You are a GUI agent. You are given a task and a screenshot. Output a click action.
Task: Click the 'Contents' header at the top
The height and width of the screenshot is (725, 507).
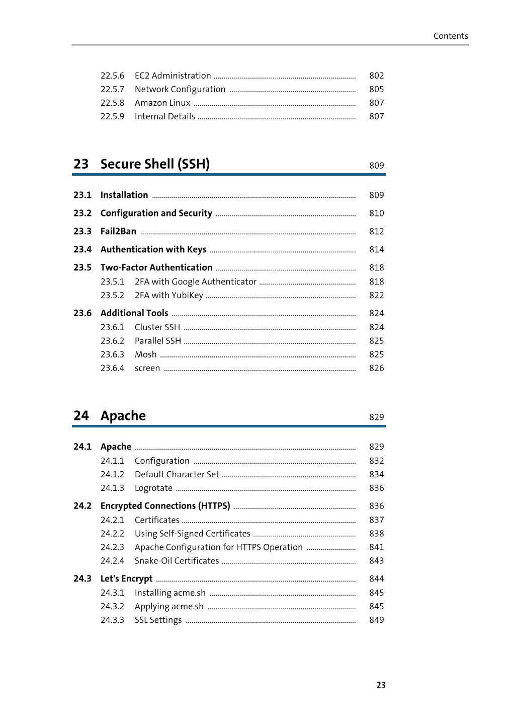(450, 36)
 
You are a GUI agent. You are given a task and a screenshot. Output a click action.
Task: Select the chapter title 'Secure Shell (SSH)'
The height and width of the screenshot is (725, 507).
(155, 164)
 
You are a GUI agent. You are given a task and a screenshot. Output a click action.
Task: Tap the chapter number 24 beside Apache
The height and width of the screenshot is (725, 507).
(81, 416)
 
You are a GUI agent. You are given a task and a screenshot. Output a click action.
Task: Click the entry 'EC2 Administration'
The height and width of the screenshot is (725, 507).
(173, 76)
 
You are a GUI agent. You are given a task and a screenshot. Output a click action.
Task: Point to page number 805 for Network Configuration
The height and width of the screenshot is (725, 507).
(376, 89)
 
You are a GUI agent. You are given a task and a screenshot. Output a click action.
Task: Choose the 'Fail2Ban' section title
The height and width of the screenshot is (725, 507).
(118, 232)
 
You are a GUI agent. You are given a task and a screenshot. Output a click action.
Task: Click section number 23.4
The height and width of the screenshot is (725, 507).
(82, 250)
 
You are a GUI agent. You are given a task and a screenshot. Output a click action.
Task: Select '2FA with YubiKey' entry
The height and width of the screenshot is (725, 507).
(168, 296)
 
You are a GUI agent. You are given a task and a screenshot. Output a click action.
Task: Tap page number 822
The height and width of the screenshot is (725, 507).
(376, 296)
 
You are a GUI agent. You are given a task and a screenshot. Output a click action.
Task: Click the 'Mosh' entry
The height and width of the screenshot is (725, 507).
(145, 354)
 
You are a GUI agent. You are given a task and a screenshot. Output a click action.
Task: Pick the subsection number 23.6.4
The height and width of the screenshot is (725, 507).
(112, 368)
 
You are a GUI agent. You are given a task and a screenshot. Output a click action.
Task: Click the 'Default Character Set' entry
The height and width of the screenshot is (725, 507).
(177, 474)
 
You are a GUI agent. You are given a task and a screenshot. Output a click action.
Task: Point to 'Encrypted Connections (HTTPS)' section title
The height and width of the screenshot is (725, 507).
(165, 506)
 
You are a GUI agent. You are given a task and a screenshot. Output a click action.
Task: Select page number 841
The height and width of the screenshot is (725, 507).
(376, 547)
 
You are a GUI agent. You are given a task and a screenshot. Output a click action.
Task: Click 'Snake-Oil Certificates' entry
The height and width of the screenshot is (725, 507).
(177, 561)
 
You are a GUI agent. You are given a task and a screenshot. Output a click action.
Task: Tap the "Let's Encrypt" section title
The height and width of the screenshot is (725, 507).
(126, 579)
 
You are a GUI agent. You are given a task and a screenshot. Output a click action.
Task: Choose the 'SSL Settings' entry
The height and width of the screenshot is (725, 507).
(158, 620)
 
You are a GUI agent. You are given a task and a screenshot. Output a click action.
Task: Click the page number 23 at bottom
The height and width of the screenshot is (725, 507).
(381, 685)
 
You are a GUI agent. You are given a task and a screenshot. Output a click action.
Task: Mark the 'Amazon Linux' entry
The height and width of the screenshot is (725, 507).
(162, 103)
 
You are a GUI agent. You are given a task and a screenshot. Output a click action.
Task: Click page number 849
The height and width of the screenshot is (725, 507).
(376, 620)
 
